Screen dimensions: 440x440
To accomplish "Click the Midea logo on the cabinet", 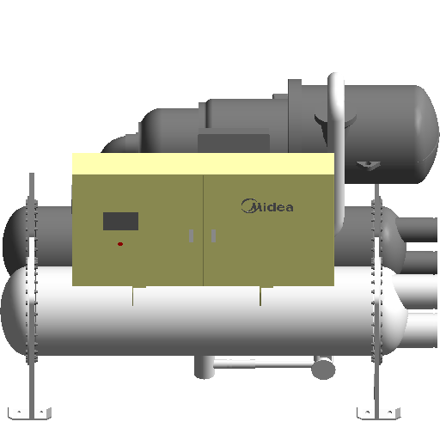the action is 267,206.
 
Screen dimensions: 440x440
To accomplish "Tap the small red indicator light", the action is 120,244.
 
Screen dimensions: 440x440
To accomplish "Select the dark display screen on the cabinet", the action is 120,221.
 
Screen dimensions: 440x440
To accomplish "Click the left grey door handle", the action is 191,235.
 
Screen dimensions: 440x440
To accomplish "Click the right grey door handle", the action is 213,235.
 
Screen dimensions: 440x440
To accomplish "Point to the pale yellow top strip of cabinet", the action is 203,164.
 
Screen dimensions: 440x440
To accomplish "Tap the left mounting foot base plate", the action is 29,413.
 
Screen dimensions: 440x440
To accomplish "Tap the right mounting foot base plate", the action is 378,413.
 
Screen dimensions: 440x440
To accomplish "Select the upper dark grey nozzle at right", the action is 417,229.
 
